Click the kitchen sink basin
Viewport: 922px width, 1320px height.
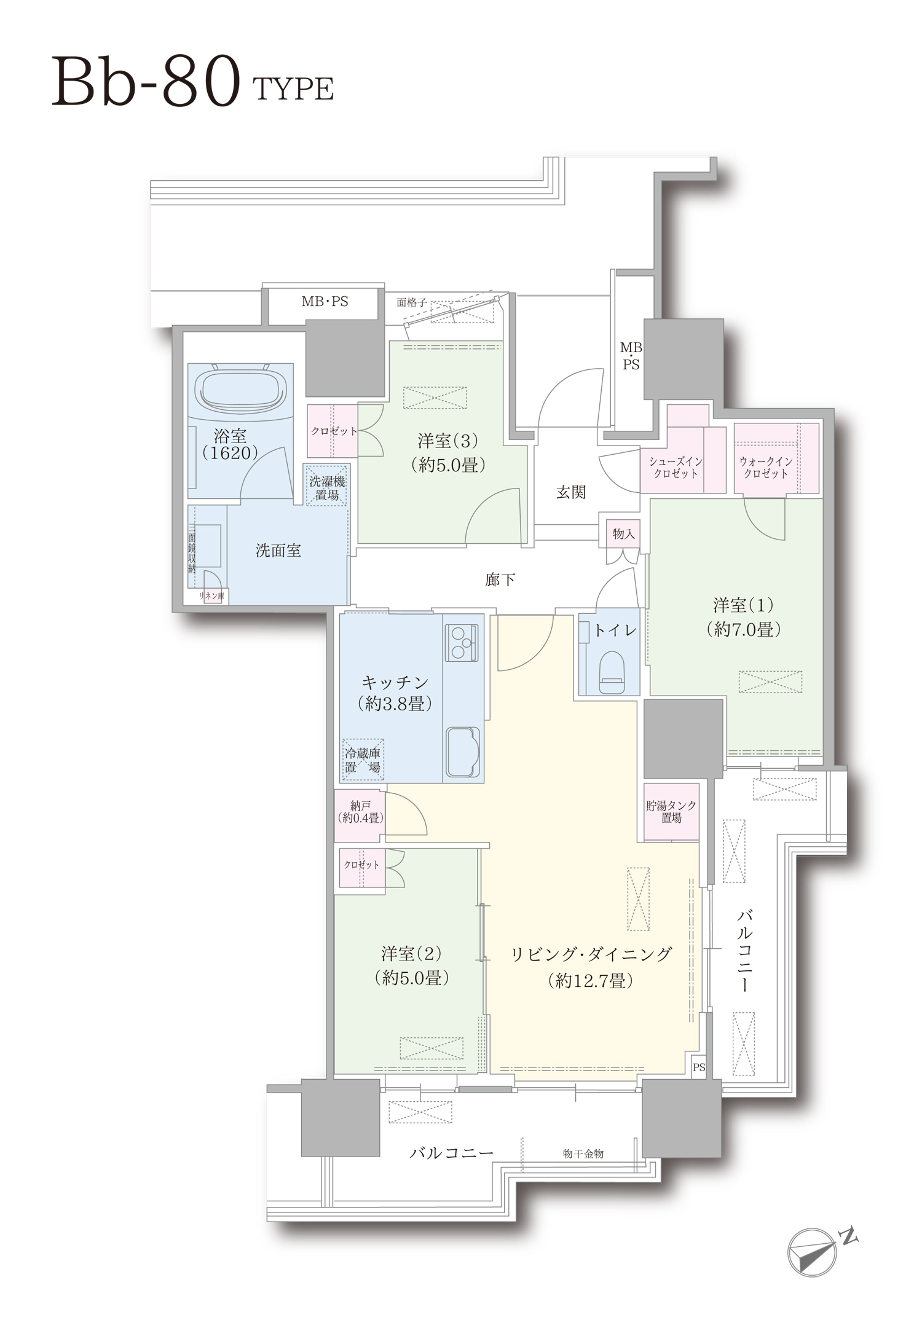(463, 752)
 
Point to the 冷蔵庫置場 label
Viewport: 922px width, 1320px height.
(363, 760)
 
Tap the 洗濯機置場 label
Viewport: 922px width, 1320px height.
(327, 487)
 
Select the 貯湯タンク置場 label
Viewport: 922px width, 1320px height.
(671, 812)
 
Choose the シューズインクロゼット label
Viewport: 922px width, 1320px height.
(676, 468)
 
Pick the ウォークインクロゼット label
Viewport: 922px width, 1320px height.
(766, 468)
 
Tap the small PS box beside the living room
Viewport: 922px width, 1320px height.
(699, 1067)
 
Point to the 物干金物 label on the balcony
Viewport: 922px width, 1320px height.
(583, 1154)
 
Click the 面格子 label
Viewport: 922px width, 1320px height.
(411, 302)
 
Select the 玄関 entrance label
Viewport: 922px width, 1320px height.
(571, 492)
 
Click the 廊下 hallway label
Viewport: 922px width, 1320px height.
(500, 579)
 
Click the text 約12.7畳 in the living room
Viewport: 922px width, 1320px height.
(590, 980)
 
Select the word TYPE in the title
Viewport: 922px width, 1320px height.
(293, 89)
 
